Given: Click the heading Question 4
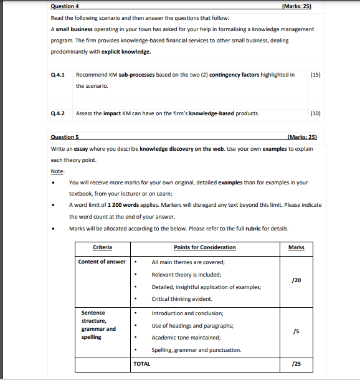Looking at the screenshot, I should tap(65, 6).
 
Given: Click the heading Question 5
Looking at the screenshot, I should tap(65, 136).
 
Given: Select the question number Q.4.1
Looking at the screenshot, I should tap(59, 75).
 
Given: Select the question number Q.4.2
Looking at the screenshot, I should tap(59, 113).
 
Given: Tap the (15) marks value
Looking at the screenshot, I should tap(315, 75).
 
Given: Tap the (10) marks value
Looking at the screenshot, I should tap(315, 113).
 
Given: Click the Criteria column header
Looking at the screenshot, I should tap(102, 248).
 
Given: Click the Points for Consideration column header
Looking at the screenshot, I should tap(205, 248).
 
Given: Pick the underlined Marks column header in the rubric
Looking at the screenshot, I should tap(296, 248).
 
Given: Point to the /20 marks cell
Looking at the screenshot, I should tap(296, 280).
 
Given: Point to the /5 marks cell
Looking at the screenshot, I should tap(296, 332).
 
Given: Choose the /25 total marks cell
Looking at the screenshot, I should tap(296, 363).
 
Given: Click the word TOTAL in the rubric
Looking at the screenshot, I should tap(142, 363).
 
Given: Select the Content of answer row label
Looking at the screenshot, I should tap(102, 262).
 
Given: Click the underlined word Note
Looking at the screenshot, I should tap(57, 171).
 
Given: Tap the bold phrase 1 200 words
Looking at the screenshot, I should tap(125, 205).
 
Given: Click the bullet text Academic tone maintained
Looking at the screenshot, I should tap(186, 338).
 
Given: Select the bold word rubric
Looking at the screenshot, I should tap(253, 228).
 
